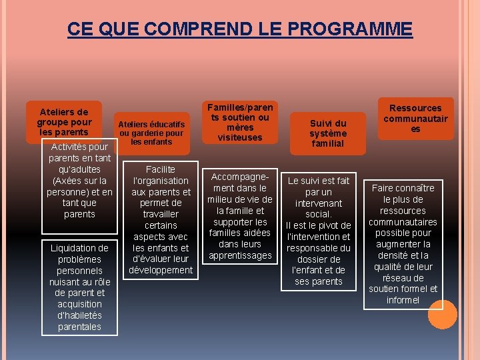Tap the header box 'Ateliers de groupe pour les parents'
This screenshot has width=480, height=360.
pos(64,121)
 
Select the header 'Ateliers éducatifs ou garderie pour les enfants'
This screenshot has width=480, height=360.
pos(151,133)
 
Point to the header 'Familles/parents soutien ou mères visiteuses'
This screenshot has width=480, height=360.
pos(240,122)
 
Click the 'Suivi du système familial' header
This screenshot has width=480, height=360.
pos(328,133)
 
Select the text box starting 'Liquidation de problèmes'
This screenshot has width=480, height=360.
pos(80,287)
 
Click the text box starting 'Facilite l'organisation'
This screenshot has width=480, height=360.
pos(161,219)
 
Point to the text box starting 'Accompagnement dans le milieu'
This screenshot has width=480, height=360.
pos(240,216)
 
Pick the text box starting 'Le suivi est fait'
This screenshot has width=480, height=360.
pos(318,231)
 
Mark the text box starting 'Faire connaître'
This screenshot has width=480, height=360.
pos(403,244)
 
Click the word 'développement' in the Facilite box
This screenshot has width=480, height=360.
pos(161,270)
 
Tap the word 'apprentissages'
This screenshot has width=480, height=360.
pos(240,255)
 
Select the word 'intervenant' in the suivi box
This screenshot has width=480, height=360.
pos(318,203)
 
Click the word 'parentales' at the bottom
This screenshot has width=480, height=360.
pos(80,327)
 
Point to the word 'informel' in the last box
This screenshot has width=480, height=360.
pos(403,300)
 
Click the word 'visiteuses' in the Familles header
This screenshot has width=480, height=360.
pos(240,137)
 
